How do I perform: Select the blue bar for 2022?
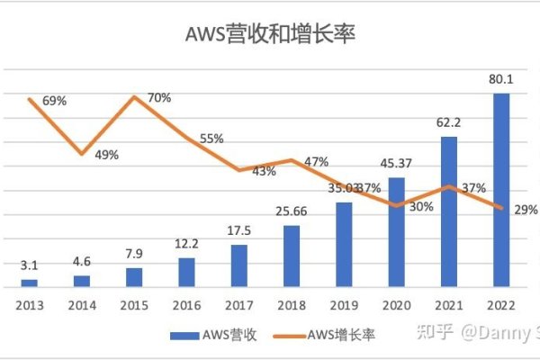tap(501, 190)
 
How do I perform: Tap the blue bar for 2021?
tap(448, 211)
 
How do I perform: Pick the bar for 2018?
tap(292, 256)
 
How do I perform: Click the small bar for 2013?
tap(30, 283)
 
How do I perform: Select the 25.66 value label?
tap(292, 212)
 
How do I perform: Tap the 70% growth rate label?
tap(159, 98)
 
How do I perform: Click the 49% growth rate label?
tap(106, 155)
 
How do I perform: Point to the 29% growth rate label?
tap(526, 210)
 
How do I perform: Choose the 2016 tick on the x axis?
tap(186, 304)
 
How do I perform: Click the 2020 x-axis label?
tap(396, 304)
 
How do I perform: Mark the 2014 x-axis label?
tap(82, 304)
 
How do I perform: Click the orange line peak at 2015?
tap(134, 96)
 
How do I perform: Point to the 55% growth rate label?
tap(212, 139)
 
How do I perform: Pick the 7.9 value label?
tap(134, 256)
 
